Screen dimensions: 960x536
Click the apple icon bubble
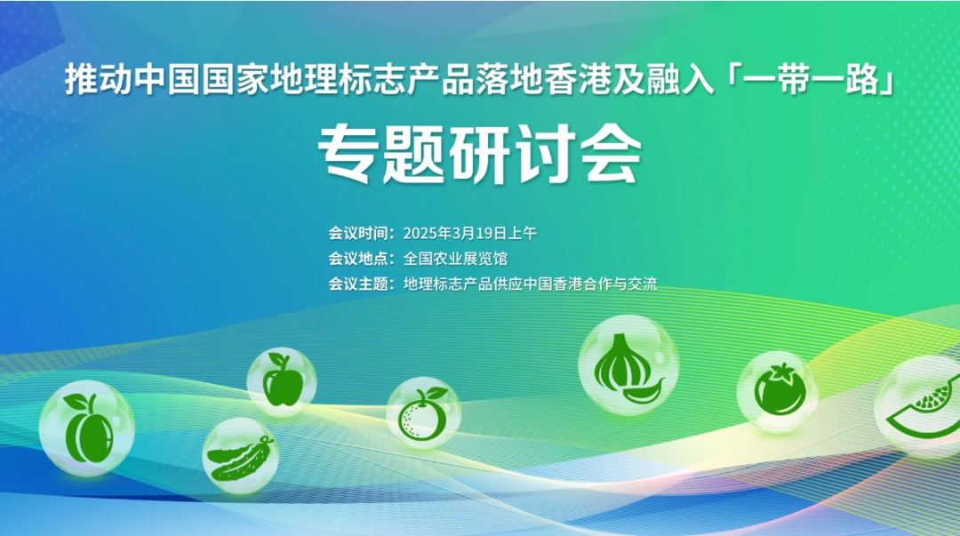click(x=282, y=381)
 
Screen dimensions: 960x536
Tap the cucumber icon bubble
click(x=241, y=456)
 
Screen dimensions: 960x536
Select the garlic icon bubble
click(x=628, y=365)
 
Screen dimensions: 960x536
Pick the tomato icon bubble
click(x=779, y=391)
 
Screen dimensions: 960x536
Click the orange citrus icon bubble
click(x=423, y=413)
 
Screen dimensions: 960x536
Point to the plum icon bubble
click(x=87, y=428)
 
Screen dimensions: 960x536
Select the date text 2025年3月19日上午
click(x=469, y=234)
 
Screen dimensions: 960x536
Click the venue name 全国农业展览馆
click(x=455, y=259)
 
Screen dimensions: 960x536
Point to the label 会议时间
click(x=358, y=234)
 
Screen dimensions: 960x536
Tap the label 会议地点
click(x=358, y=259)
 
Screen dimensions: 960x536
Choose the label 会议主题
click(x=358, y=284)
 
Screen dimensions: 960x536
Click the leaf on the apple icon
click(x=277, y=357)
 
